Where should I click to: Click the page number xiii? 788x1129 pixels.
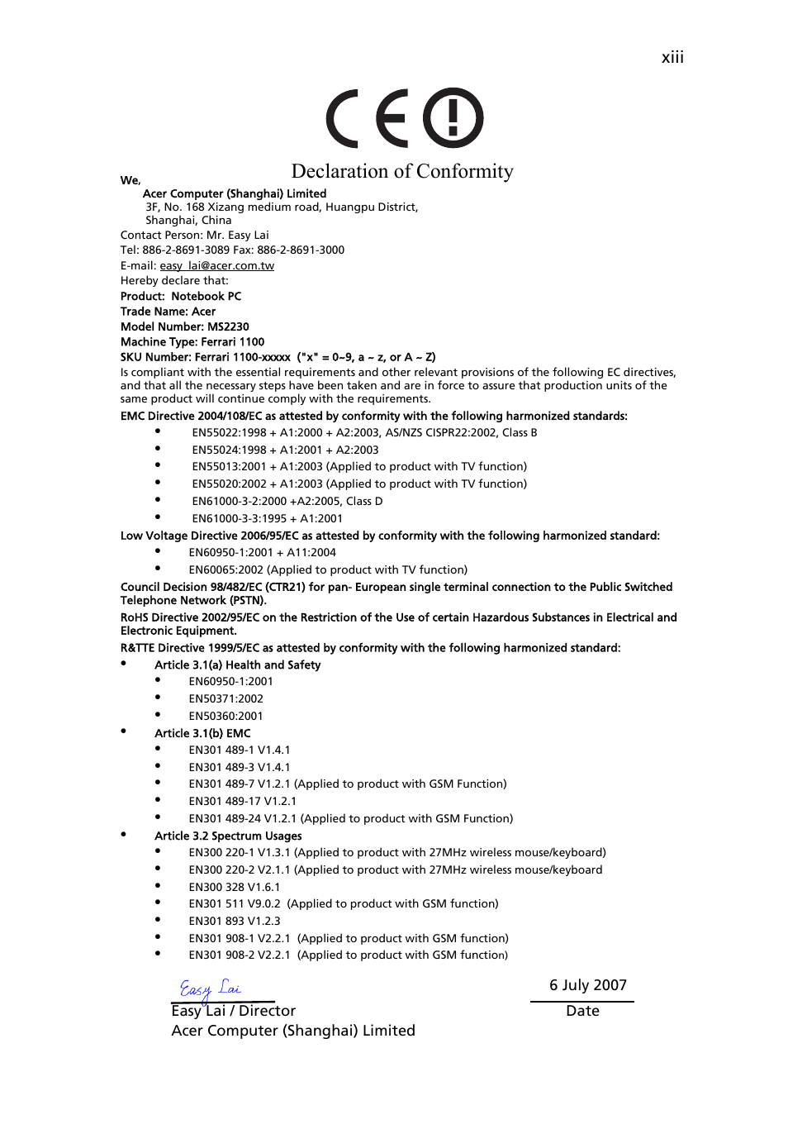coord(672,58)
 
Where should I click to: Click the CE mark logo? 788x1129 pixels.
coord(368,118)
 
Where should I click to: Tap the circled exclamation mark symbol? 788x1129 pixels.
coord(453,117)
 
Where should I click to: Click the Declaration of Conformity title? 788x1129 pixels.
coord(402,171)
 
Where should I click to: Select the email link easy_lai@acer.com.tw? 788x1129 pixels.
coord(216,266)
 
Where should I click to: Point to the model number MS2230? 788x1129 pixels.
coord(228,327)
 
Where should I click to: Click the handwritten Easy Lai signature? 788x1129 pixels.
coord(210,988)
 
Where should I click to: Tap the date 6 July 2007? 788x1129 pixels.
coord(588,985)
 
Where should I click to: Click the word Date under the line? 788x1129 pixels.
coord(582,1011)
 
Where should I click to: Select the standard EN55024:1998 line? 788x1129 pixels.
coord(285,450)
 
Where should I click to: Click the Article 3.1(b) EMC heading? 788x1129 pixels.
coord(202,733)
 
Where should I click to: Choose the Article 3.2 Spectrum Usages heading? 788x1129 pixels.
coord(228,836)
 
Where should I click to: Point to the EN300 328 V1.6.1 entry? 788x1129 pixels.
coord(234,887)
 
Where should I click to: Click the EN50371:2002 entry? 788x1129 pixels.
coord(225,699)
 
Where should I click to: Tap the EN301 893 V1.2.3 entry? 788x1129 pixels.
coord(234,921)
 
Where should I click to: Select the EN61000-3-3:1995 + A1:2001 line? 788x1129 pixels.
coord(267,518)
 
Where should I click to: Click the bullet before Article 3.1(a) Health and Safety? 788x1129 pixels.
coord(124,664)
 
